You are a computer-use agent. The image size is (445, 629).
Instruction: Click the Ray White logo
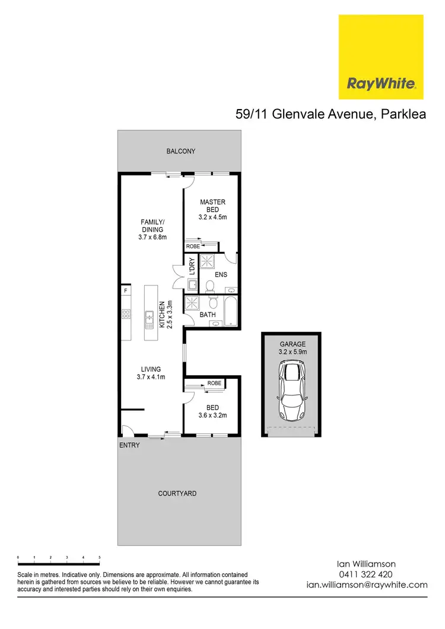(381, 58)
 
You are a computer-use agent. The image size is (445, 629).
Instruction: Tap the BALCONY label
(180, 151)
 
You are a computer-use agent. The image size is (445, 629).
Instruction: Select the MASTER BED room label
(212, 210)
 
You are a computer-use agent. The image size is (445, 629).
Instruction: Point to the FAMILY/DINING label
(152, 230)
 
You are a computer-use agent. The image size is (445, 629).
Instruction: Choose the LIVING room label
(151, 373)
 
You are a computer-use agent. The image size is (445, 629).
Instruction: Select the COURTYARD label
(177, 493)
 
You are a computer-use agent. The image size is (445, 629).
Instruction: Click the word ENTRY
(129, 445)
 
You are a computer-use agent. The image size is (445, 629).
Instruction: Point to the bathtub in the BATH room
(231, 311)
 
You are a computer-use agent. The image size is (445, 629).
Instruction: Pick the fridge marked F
(126, 292)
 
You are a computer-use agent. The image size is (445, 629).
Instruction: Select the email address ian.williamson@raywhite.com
(366, 584)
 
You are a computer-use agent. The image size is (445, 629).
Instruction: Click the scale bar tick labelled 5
(100, 558)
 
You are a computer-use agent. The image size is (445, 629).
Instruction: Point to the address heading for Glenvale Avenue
(331, 115)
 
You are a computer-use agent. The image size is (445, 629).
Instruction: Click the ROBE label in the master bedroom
(193, 245)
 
